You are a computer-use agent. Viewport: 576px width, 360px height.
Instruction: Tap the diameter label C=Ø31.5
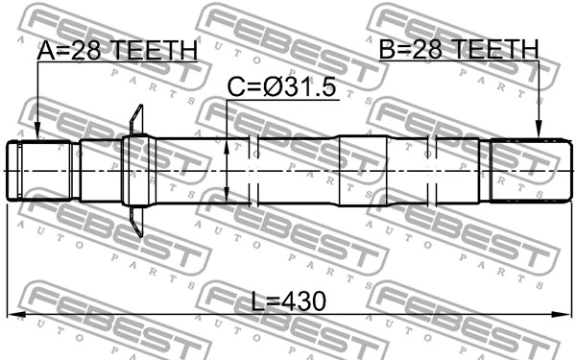pyautogui.click(x=281, y=88)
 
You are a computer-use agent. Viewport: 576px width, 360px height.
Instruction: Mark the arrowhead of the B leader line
pyautogui.click(x=540, y=135)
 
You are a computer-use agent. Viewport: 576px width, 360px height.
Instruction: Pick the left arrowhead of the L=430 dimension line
pyautogui.click(x=12, y=315)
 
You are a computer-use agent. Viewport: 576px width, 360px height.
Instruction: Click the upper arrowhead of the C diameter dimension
pyautogui.click(x=227, y=143)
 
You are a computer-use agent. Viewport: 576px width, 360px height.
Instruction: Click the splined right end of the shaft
pyautogui.click(x=526, y=171)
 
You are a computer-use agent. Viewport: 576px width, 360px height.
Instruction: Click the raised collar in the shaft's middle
pyautogui.click(x=360, y=171)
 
